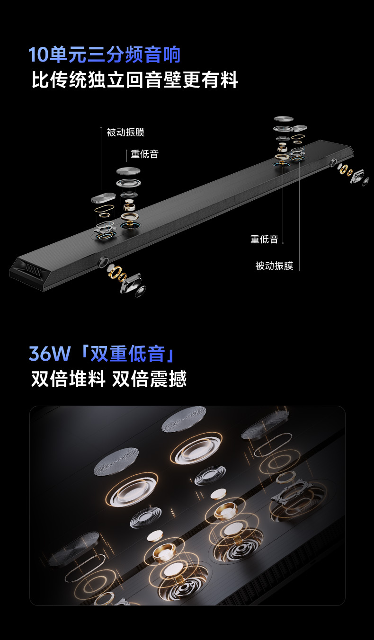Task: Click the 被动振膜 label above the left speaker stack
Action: (x=125, y=132)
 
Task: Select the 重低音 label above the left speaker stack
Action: (x=144, y=154)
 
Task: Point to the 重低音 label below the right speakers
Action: (x=264, y=239)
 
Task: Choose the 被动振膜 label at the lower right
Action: (x=274, y=266)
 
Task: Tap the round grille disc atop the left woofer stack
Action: (x=128, y=171)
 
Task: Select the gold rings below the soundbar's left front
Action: (x=116, y=273)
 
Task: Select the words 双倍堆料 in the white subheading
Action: (x=68, y=379)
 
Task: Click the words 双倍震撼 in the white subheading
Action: (x=149, y=379)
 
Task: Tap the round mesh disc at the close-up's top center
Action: (x=184, y=419)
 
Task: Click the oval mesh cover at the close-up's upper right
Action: (x=265, y=424)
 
